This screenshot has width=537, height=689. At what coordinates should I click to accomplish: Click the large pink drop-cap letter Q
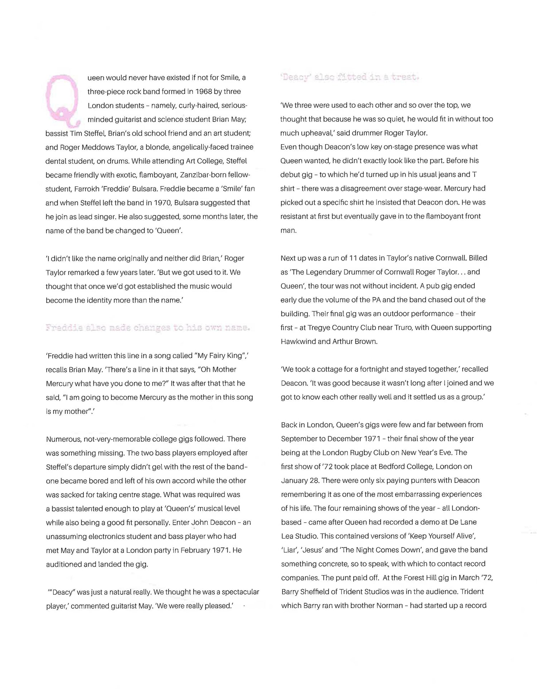[x=63, y=101]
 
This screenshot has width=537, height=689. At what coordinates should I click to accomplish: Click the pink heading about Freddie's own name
[x=147, y=328]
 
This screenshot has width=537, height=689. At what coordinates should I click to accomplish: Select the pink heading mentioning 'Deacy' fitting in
[x=349, y=77]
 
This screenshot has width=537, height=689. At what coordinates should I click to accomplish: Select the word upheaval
[x=313, y=133]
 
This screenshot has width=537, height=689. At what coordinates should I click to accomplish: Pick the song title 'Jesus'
[x=312, y=550]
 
